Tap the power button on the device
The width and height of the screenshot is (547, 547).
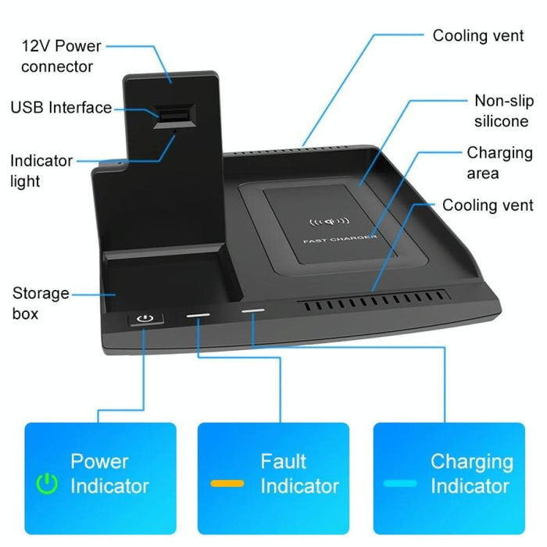(x=143, y=319)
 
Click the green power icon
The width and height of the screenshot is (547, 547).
(x=48, y=484)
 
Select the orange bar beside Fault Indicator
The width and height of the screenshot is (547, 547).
(x=227, y=484)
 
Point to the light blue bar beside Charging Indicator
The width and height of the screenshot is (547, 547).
(x=399, y=484)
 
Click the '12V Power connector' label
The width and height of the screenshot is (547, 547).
(x=62, y=56)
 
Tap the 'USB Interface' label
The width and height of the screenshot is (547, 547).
(x=61, y=108)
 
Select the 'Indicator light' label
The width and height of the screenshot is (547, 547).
(x=41, y=171)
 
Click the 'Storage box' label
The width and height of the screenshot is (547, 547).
(x=41, y=303)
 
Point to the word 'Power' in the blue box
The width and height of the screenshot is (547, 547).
(x=99, y=461)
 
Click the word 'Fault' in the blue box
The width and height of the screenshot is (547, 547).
(x=283, y=461)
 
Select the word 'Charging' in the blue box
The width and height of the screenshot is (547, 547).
(x=471, y=461)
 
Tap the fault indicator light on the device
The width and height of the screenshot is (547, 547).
(x=198, y=316)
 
